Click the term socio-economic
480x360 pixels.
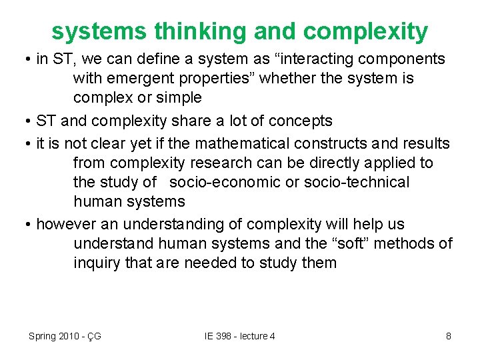225,182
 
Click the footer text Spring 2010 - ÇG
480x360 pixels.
65,336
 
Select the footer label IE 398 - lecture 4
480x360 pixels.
240,336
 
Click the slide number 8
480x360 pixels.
449,336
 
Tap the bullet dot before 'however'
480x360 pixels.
28,225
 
